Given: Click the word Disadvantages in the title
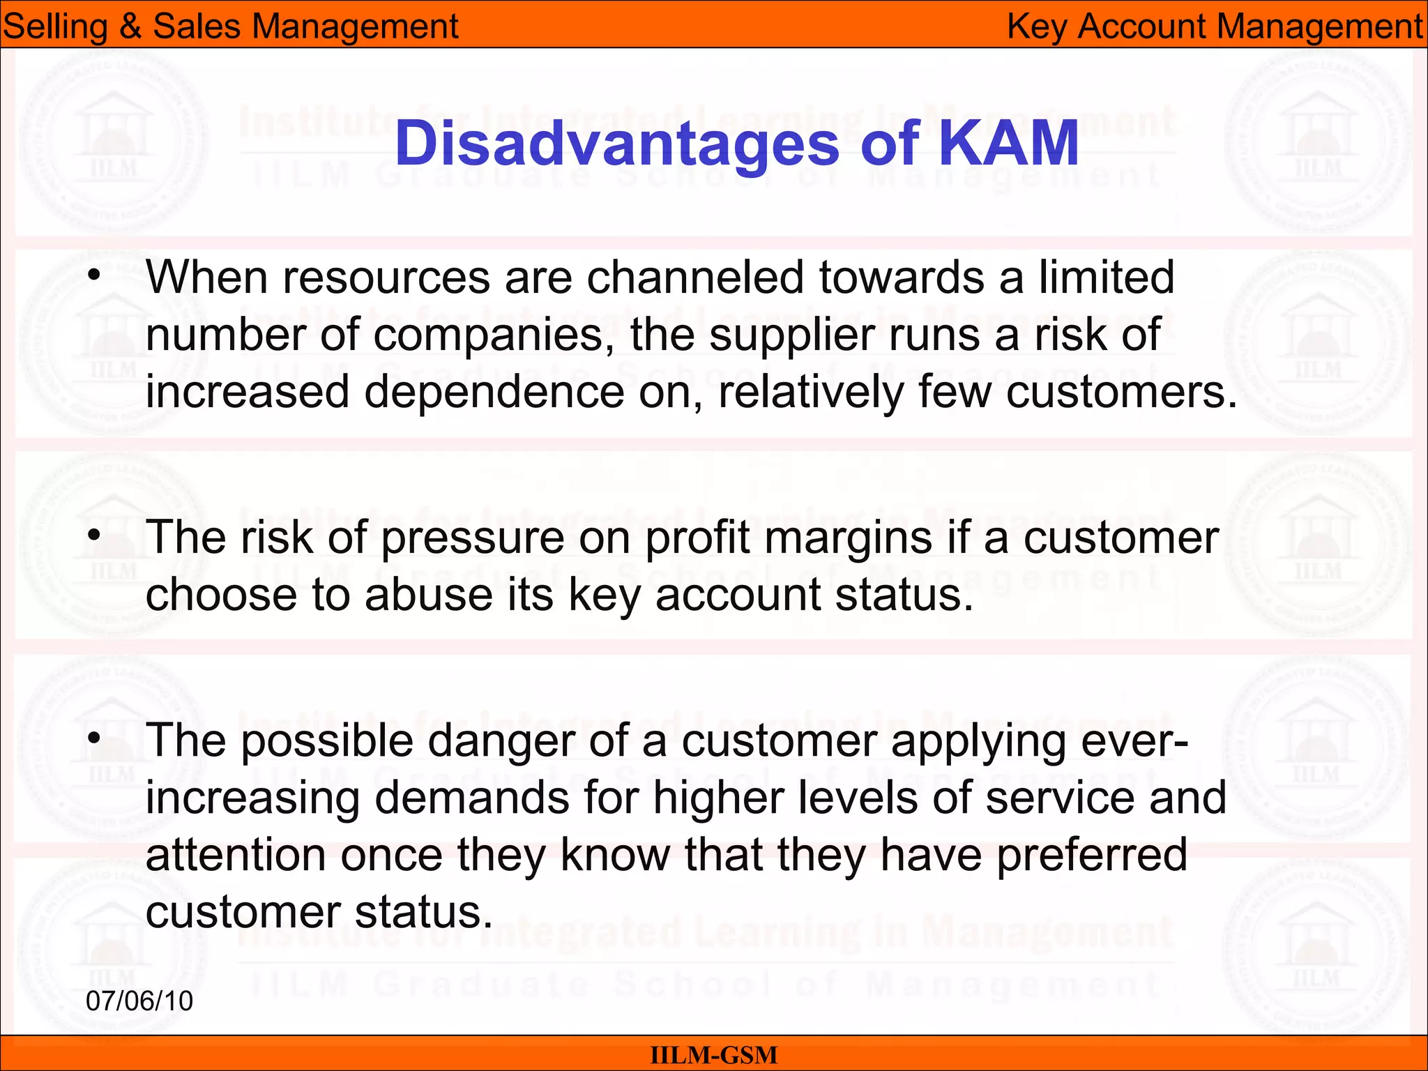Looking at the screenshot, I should (616, 144).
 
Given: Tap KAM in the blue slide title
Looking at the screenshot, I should (1008, 144).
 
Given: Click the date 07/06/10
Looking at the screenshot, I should (139, 1001).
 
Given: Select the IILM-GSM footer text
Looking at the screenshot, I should (713, 1055).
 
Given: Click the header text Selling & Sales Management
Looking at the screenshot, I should (230, 26).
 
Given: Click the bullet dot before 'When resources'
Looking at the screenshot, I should (94, 275).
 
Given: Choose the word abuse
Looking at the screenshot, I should (428, 595).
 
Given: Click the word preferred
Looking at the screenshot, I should (1092, 855).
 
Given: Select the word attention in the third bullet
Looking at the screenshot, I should (236, 855).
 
